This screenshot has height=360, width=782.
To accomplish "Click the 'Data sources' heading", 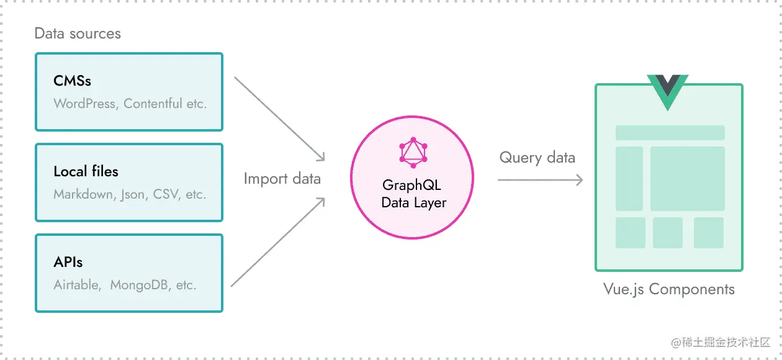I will [x=78, y=34].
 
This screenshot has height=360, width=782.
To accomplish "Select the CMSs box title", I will [x=73, y=81].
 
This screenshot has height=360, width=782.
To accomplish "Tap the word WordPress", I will [x=84, y=104].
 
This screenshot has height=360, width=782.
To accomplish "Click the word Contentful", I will [x=153, y=104].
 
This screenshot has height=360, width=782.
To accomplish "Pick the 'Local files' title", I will [x=86, y=171].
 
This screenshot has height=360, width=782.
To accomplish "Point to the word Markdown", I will [x=83, y=194].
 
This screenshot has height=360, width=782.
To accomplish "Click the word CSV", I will [x=166, y=194].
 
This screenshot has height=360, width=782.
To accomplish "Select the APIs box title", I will [x=68, y=262].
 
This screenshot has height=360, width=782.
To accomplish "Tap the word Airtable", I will [x=76, y=285].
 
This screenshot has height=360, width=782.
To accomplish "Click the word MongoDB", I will [x=140, y=285].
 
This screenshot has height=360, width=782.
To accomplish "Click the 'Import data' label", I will [x=282, y=179].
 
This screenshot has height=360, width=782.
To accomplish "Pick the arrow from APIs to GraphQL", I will [x=278, y=242].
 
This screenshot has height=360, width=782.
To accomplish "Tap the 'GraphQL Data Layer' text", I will [x=413, y=194].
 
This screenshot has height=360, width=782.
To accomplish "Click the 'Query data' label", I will [x=537, y=158].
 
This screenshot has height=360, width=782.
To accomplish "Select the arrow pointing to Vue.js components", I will [x=540, y=180].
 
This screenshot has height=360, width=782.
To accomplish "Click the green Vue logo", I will [x=668, y=91].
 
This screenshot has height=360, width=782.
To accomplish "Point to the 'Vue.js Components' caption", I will [x=668, y=289].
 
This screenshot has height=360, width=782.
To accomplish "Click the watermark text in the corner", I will [x=720, y=342].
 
